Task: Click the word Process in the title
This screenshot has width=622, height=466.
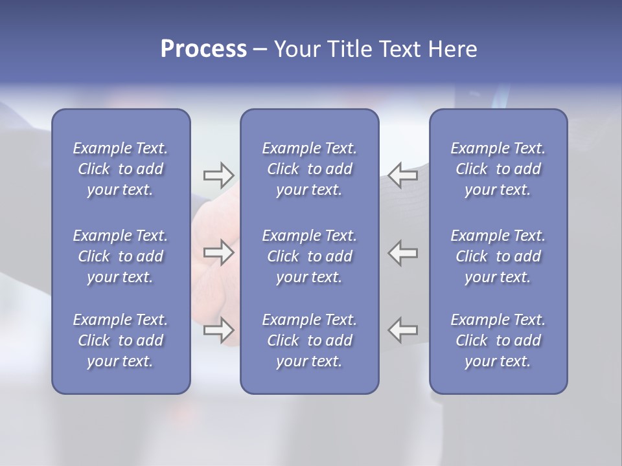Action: click(x=203, y=50)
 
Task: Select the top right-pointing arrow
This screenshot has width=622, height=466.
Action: click(x=218, y=175)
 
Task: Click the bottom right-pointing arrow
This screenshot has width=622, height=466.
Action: click(x=218, y=330)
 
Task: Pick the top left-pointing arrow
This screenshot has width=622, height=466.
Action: click(x=402, y=175)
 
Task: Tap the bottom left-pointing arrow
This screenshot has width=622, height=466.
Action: click(x=402, y=330)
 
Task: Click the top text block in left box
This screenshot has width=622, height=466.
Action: click(x=121, y=169)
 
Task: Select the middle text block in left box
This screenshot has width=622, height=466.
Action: click(x=121, y=256)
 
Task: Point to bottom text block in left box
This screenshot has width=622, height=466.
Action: click(x=121, y=340)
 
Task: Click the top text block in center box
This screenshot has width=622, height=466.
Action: click(x=309, y=169)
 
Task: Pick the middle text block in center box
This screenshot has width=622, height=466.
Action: click(x=309, y=256)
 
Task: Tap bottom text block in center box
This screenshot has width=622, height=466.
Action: click(x=309, y=340)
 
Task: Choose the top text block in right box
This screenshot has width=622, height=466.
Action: click(x=498, y=169)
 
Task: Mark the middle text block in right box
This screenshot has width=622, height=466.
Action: click(x=498, y=256)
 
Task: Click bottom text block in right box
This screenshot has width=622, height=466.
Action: click(x=498, y=340)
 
